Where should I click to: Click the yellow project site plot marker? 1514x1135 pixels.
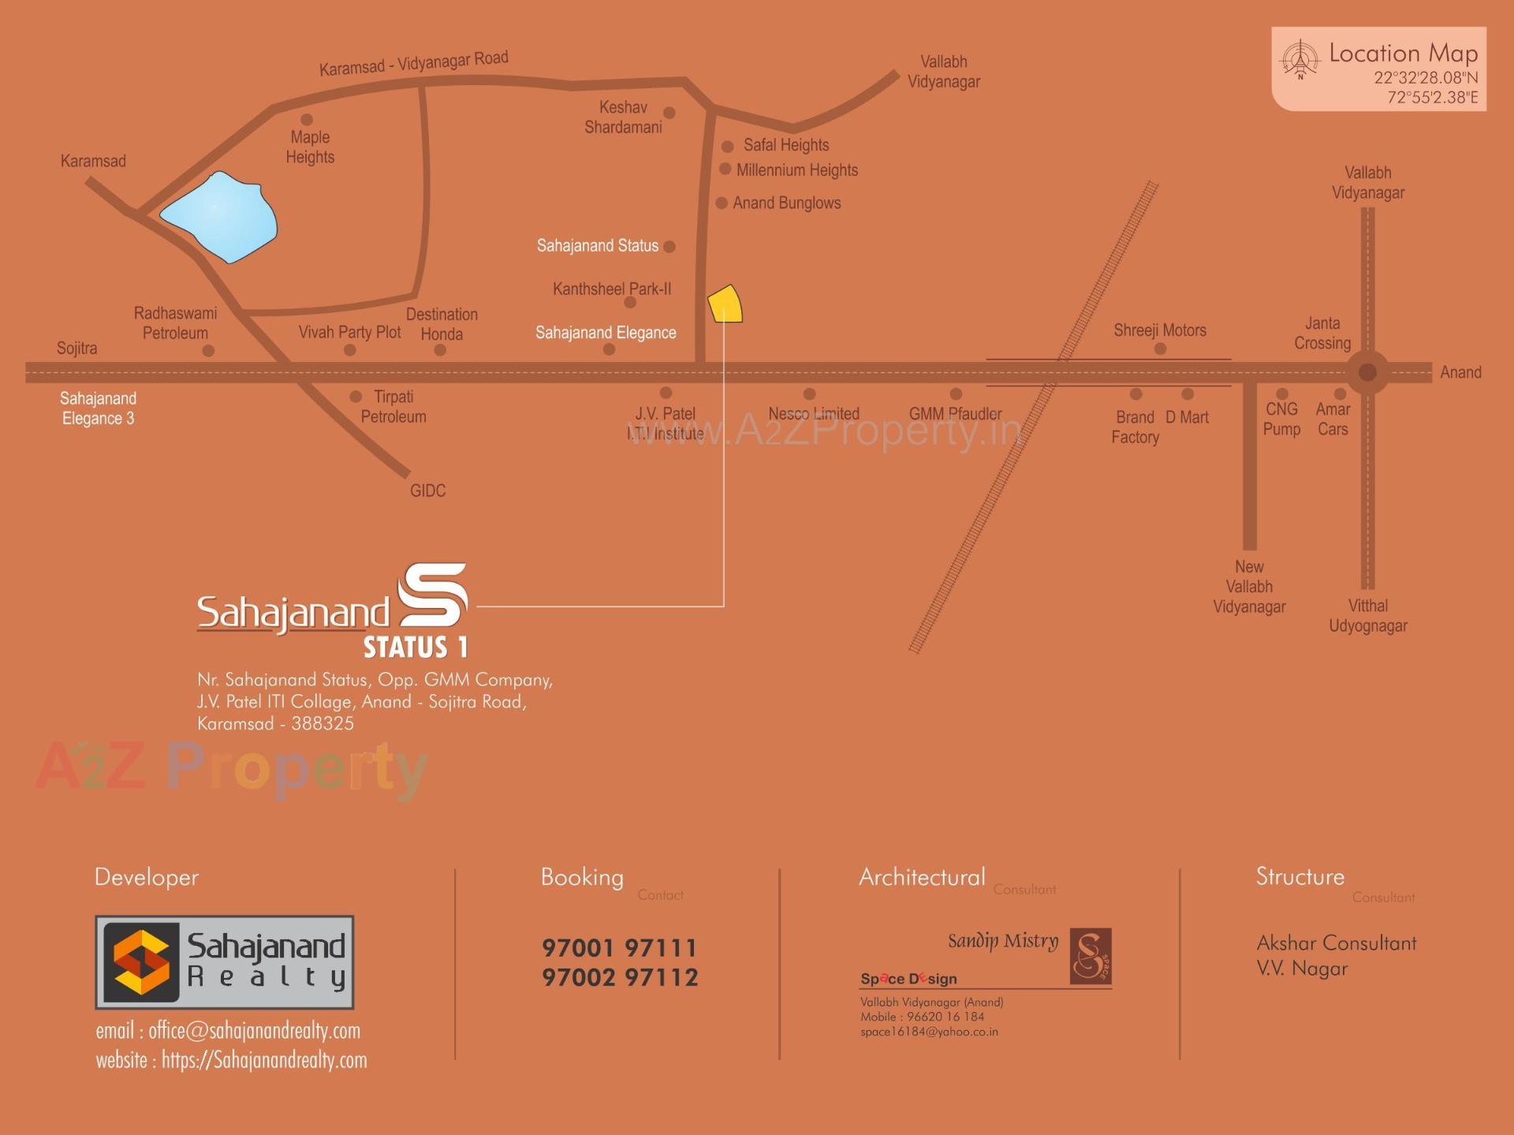click(x=725, y=304)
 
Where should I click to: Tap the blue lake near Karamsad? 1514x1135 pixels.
click(x=220, y=216)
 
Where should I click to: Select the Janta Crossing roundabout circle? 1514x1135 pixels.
click(x=1367, y=372)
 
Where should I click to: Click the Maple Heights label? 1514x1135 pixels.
click(x=310, y=147)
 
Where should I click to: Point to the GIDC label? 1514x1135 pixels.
click(x=427, y=491)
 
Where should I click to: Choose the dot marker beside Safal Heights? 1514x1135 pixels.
click(x=728, y=147)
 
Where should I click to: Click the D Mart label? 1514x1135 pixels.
click(x=1187, y=417)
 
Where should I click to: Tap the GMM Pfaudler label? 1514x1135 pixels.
click(x=955, y=414)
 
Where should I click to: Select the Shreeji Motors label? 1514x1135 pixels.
click(x=1159, y=330)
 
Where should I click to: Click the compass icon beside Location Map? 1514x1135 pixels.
click(x=1300, y=59)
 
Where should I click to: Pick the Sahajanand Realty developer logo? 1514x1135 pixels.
click(x=225, y=961)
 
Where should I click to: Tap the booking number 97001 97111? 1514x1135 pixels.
click(x=620, y=947)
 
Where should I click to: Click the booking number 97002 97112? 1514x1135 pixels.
click(x=620, y=978)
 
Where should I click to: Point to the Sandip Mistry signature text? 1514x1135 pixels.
click(x=1002, y=941)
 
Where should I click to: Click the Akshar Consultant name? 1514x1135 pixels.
click(x=1336, y=943)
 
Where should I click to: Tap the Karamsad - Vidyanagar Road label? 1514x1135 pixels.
click(x=413, y=63)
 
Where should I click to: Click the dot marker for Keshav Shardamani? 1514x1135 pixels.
click(x=669, y=113)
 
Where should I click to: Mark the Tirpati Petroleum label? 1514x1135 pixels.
click(x=393, y=407)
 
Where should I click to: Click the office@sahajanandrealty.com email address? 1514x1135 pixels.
click(x=254, y=1031)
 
